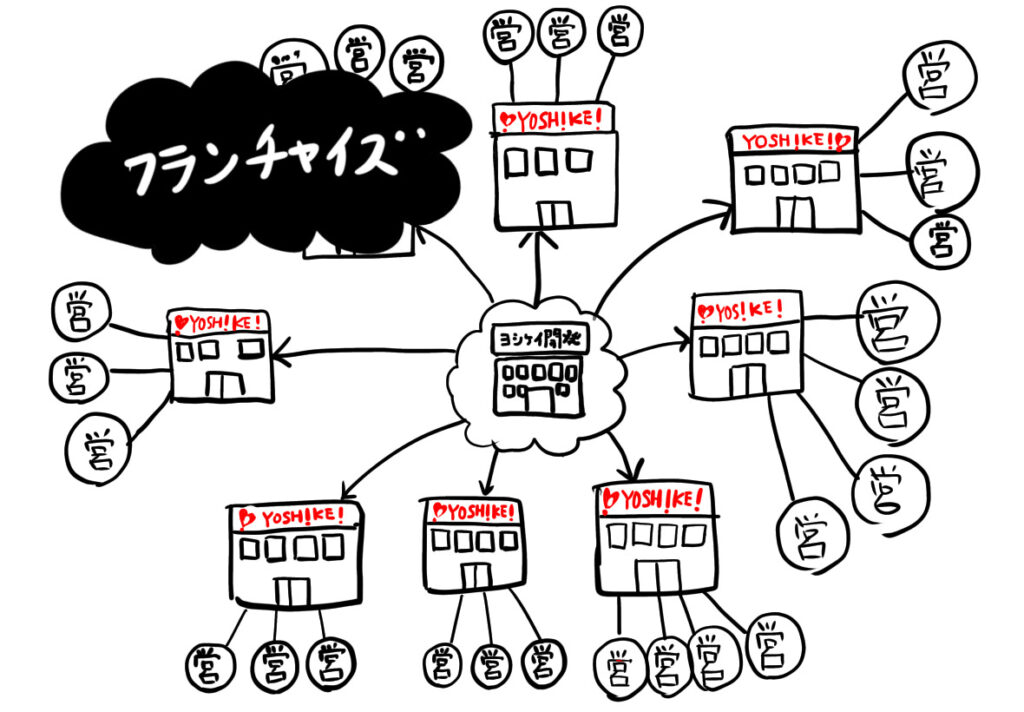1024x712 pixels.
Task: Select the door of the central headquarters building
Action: pyautogui.click(x=540, y=400)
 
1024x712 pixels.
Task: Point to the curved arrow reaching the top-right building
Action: pyautogui.click(x=650, y=240)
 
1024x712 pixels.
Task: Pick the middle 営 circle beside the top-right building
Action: pyautogui.click(x=937, y=172)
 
